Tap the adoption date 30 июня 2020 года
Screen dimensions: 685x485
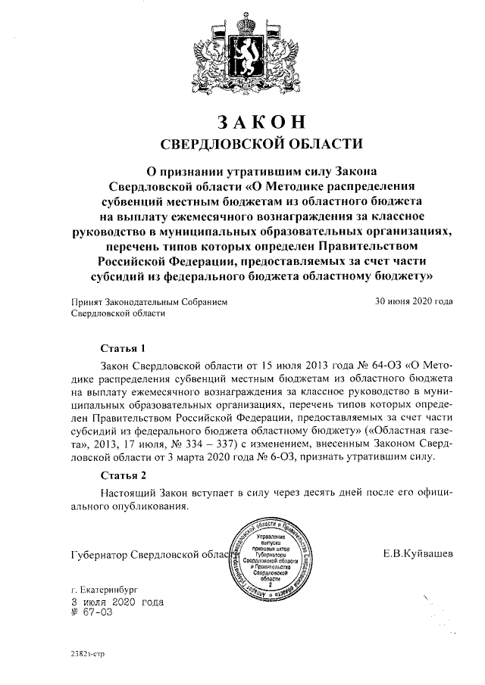tap(415, 301)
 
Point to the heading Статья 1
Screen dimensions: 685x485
tap(123, 349)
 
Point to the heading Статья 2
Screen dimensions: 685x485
tap(123, 475)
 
